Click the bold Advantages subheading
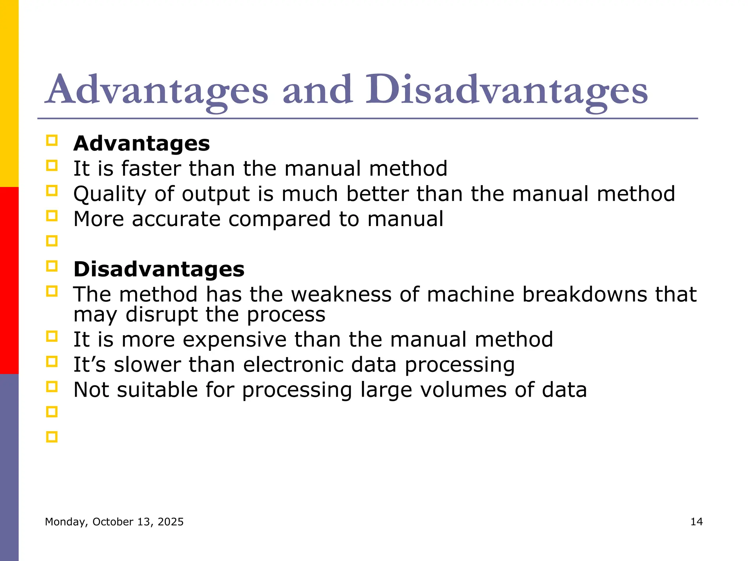coord(142,144)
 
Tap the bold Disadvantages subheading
coord(159,270)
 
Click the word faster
coord(151,169)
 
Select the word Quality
coord(110,194)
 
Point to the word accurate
coord(176,219)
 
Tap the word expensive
coord(234,340)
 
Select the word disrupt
coord(161,315)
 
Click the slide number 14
coord(697,522)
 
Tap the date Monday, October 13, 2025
coord(114,522)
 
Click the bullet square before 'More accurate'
coord(52,216)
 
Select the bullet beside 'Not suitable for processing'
coord(52,386)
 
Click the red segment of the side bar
coord(9,280)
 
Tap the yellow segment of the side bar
coord(9,93)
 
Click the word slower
coord(147,365)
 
